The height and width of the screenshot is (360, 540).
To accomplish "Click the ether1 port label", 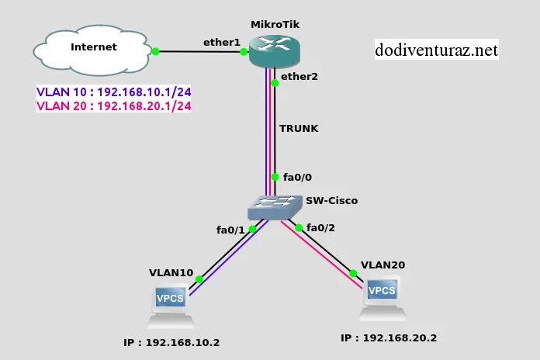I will (x=221, y=42).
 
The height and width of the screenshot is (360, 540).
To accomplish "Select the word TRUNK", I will (x=299, y=128).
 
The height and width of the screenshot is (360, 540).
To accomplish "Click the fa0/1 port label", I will (x=230, y=230).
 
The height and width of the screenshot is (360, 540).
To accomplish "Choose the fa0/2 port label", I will (x=321, y=227).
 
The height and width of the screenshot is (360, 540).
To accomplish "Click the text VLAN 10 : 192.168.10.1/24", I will (x=114, y=92).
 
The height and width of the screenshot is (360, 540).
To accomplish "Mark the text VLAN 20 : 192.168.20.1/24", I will (x=114, y=106).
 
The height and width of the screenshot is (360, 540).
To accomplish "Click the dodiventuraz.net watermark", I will (x=435, y=51).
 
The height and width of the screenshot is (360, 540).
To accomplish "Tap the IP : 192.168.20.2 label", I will (x=389, y=338).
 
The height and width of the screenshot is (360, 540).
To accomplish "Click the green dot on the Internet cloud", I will (x=155, y=51).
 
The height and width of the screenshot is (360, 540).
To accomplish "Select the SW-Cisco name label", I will (x=332, y=201).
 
